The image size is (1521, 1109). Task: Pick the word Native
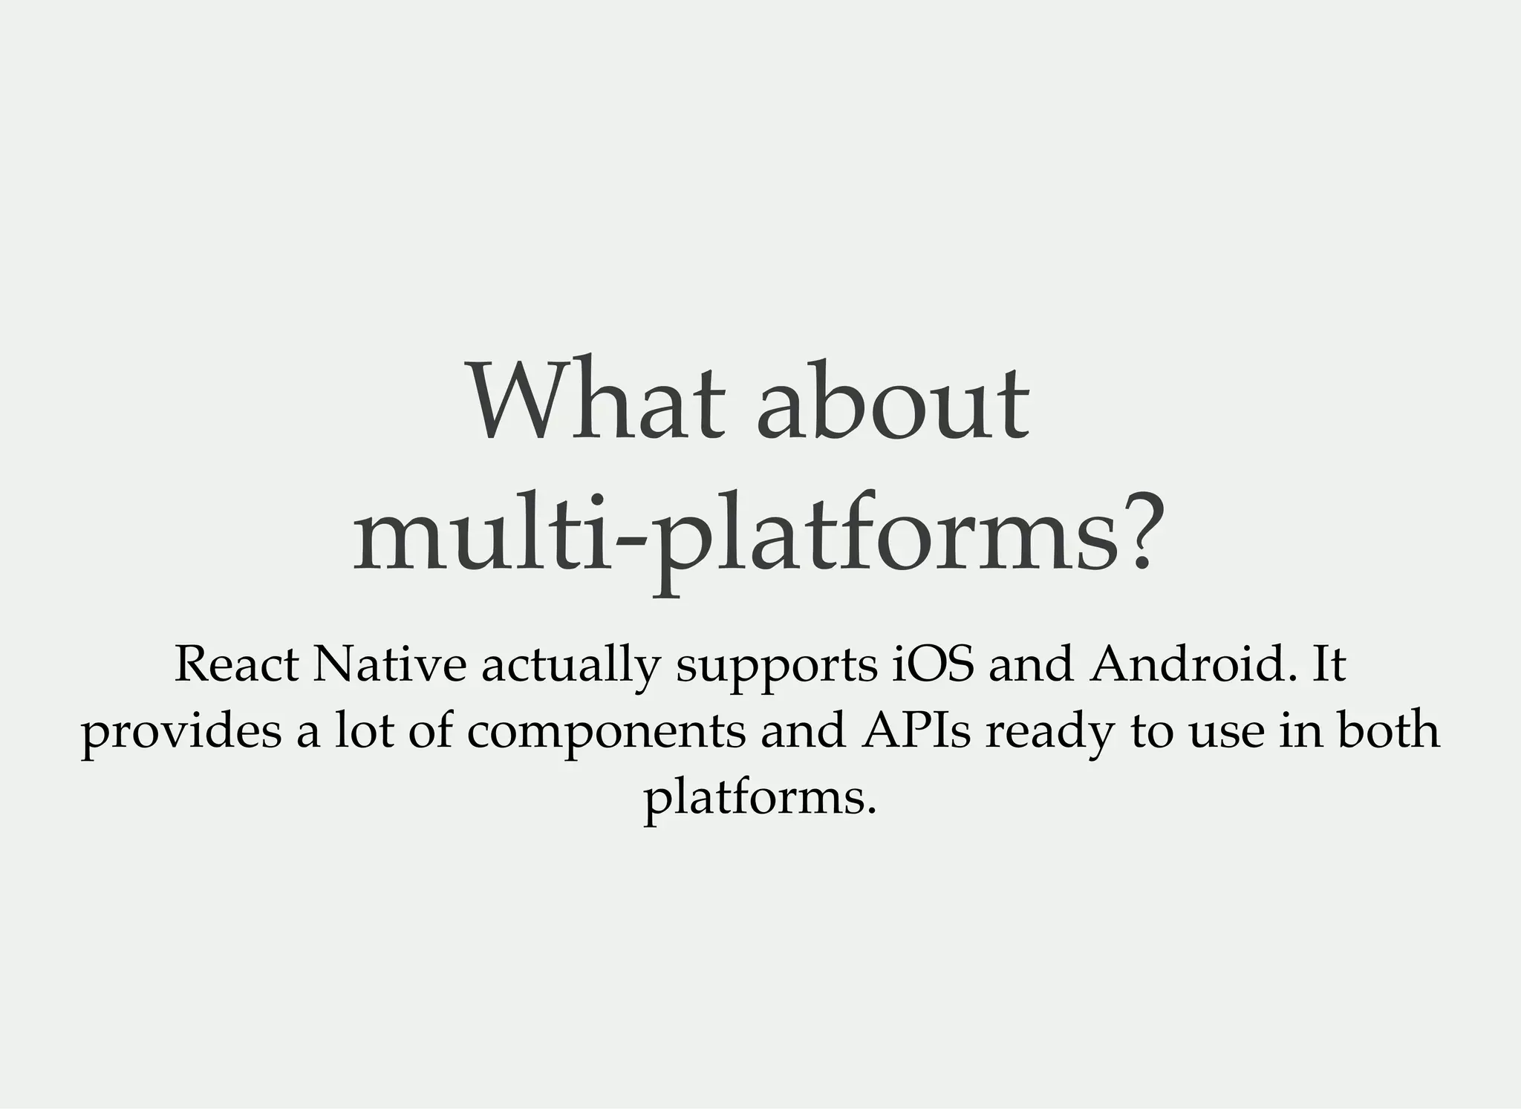(388, 664)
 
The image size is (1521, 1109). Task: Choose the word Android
(1189, 664)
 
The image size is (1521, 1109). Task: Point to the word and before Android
(1031, 664)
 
